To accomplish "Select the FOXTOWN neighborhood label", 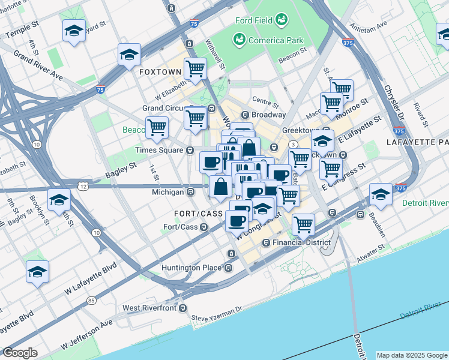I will (x=160, y=71).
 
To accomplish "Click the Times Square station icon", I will (x=190, y=150).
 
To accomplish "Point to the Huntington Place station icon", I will (x=228, y=268).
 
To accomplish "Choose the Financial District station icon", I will (x=267, y=242).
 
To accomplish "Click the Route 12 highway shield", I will (x=83, y=187).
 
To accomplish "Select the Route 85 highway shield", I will (x=91, y=300).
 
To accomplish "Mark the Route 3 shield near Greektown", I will (x=292, y=145).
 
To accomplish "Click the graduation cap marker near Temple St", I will (x=74, y=31).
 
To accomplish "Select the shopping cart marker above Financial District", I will (x=303, y=225).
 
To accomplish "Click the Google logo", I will (x=20, y=353).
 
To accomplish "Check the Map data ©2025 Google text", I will (x=411, y=355).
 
